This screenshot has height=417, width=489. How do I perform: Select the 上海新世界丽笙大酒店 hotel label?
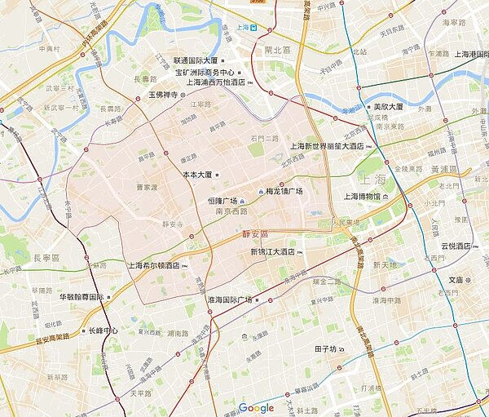click(x=326, y=146)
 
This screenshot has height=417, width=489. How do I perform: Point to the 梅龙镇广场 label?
click(x=284, y=192)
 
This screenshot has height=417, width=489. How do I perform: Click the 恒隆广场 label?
click(x=222, y=201)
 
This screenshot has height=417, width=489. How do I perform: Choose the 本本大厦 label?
click(x=196, y=175)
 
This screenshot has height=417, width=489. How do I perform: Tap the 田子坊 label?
click(x=325, y=349)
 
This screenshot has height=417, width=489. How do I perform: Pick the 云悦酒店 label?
click(x=456, y=246)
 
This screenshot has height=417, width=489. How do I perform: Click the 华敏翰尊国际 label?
click(x=81, y=297)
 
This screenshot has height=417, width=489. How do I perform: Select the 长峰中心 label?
click(x=103, y=331)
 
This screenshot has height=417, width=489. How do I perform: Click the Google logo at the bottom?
click(x=256, y=408)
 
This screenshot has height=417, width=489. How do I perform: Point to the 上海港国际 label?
click(x=461, y=77)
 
